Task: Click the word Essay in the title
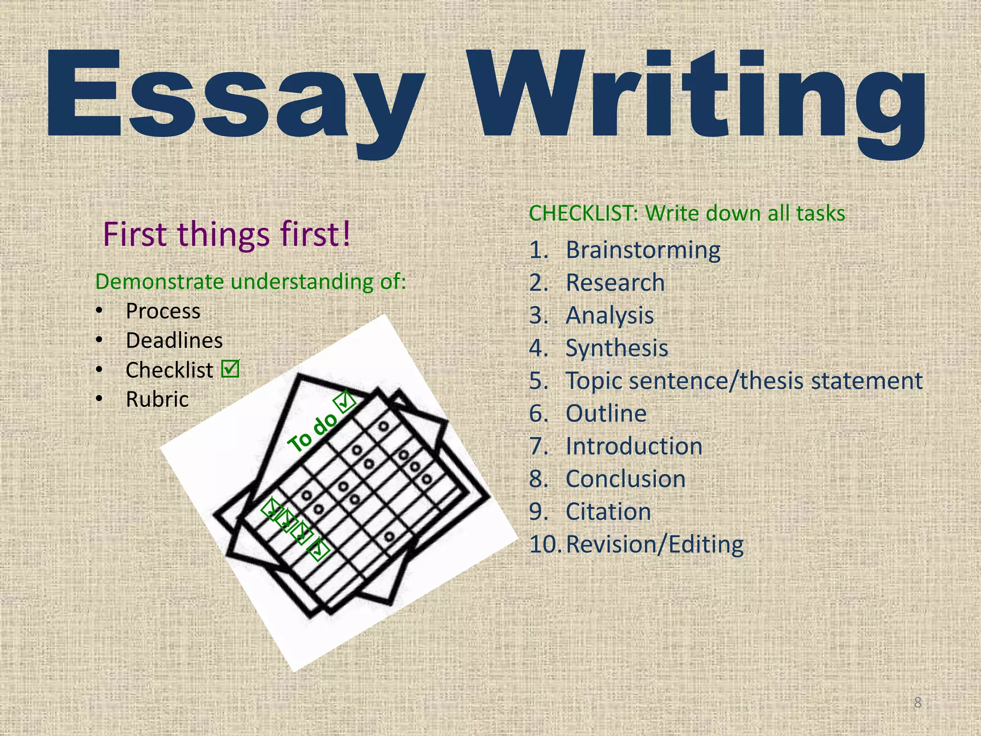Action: point(235,96)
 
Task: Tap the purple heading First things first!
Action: point(227,234)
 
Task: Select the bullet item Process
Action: point(163,311)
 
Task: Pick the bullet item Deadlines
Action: point(174,341)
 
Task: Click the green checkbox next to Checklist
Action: point(230,369)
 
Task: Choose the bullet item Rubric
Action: point(157,399)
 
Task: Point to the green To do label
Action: point(312,432)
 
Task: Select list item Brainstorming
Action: point(643,250)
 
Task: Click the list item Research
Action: point(615,283)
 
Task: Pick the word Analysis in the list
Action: point(610,315)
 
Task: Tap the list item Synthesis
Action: point(617,348)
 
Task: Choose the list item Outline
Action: point(606,414)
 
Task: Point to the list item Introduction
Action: point(634,446)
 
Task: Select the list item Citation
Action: point(608,512)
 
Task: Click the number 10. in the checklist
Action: point(544,544)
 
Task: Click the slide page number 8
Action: point(917,702)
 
